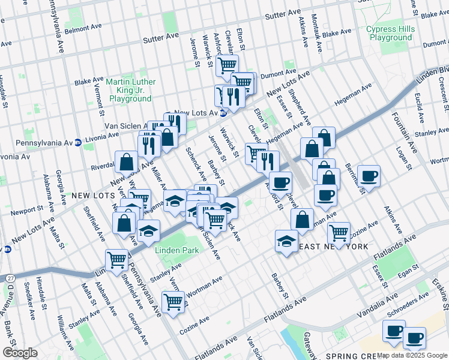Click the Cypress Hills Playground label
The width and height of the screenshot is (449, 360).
[x=391, y=33]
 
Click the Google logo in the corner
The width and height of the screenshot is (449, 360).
[x=20, y=353]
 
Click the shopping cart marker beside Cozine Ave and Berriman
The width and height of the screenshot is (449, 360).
[x=339, y=232]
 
